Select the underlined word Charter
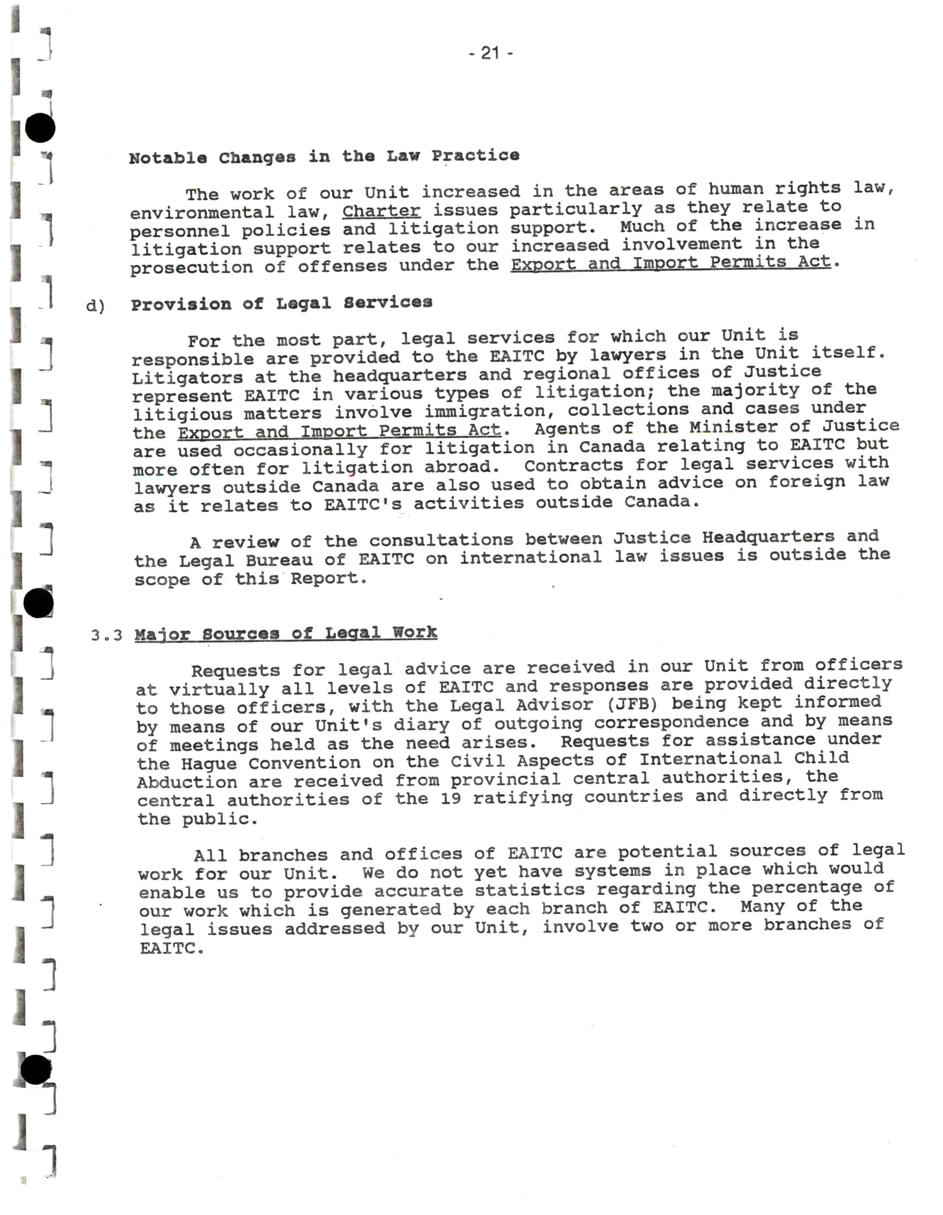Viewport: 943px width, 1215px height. coord(381,211)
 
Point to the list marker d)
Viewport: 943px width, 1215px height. coord(95,306)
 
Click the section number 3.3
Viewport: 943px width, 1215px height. coord(106,635)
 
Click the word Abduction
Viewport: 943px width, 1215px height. coord(187,782)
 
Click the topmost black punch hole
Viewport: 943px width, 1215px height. coord(40,128)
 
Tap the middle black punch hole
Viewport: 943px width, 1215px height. coord(38,603)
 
